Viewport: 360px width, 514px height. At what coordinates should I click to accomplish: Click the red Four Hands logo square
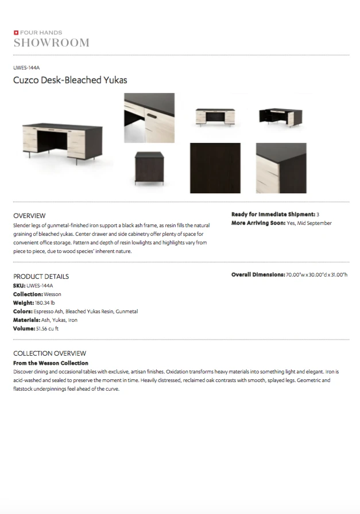tap(16, 33)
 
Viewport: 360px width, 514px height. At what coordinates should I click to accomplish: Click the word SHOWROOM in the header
tap(51, 43)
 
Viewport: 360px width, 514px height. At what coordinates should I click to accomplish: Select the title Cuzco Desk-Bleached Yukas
tap(70, 80)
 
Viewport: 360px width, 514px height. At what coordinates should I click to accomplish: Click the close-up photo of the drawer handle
tap(149, 118)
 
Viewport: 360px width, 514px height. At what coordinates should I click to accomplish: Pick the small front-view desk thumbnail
tap(215, 116)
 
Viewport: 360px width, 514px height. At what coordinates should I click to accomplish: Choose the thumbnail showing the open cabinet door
tap(281, 116)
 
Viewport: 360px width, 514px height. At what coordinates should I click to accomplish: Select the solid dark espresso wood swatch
tap(215, 168)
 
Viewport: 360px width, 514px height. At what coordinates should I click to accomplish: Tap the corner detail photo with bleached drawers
tap(281, 168)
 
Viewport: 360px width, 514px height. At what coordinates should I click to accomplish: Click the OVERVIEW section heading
tap(29, 216)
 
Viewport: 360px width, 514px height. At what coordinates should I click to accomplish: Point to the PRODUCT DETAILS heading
tap(41, 277)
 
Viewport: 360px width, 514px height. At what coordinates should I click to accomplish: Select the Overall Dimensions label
tap(258, 275)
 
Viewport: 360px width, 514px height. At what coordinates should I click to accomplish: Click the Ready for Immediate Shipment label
tap(273, 215)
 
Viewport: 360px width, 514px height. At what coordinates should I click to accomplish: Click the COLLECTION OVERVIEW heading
tap(49, 353)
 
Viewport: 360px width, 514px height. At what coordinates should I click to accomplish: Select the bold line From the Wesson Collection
tap(51, 363)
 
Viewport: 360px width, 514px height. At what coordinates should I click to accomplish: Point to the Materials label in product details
tap(26, 320)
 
